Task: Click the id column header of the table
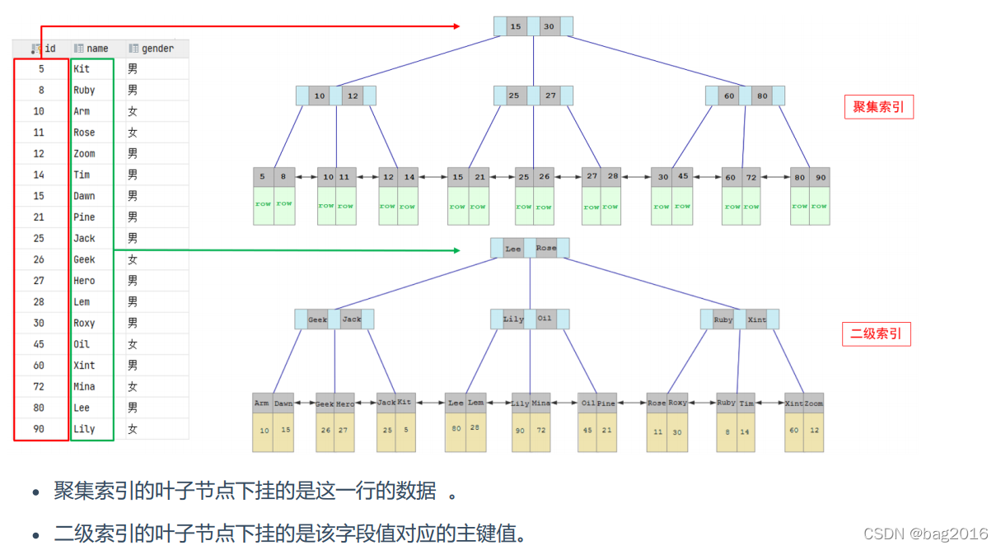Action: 44,49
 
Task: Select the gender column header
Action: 152,49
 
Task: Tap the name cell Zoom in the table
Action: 84,154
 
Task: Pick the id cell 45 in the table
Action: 39,344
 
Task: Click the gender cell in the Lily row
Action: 133,429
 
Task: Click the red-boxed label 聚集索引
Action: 878,107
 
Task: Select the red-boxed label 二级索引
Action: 876,334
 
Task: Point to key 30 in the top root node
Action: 549,26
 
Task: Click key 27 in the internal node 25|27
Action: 550,96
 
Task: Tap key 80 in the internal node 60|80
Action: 762,96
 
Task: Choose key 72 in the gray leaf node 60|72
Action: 751,177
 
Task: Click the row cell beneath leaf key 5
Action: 262,204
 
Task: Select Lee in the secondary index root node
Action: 513,248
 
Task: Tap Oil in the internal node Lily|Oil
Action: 545,319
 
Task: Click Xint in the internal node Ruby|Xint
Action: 757,319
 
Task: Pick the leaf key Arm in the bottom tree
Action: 262,403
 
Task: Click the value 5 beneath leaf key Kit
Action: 405,430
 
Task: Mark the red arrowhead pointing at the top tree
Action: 456,26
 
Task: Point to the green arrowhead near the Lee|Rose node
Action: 456,249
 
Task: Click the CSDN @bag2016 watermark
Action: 925,534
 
